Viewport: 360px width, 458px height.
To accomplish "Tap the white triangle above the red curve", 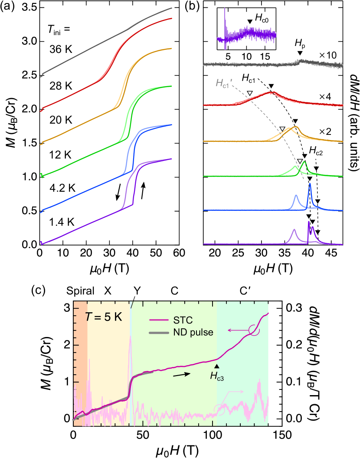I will click(x=250, y=93).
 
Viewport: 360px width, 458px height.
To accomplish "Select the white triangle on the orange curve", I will click(x=282, y=129).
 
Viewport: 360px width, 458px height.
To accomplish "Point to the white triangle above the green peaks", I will click(x=300, y=161).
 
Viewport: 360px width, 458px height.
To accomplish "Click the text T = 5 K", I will click(x=103, y=317).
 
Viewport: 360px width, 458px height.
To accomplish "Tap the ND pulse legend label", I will click(x=190, y=333).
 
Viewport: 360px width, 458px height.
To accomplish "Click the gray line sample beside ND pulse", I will click(x=159, y=333).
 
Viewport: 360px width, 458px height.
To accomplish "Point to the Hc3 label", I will click(x=217, y=376).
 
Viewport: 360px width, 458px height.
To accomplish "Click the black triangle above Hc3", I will click(x=217, y=367).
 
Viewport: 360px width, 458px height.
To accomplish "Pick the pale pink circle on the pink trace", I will click(x=220, y=409).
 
